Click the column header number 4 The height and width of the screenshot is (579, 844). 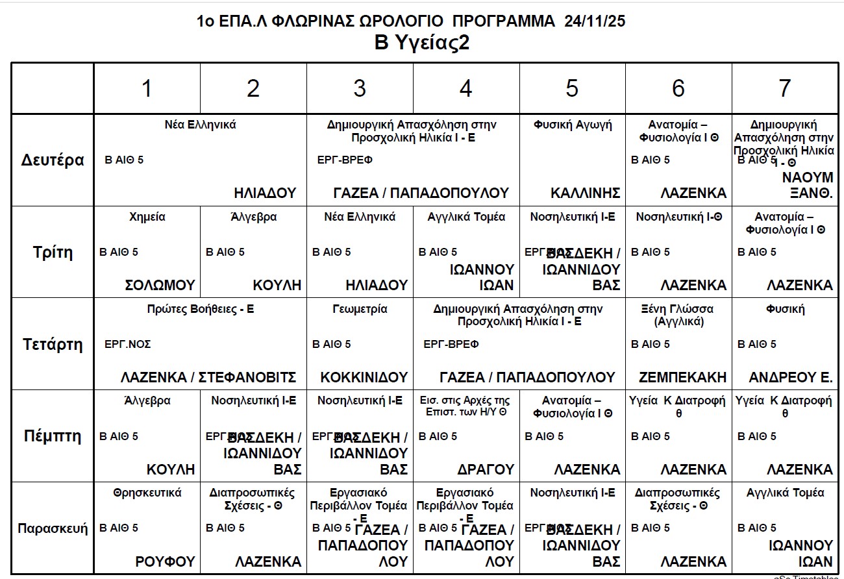pyautogui.click(x=465, y=89)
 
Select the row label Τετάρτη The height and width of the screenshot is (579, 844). pyautogui.click(x=53, y=344)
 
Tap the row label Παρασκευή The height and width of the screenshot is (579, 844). pyautogui.click(x=53, y=528)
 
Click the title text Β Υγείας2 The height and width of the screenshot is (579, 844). pyautogui.click(x=422, y=43)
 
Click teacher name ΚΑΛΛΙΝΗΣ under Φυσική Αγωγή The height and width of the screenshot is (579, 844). pyautogui.click(x=585, y=193)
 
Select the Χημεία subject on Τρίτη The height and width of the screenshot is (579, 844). pyautogui.click(x=147, y=217)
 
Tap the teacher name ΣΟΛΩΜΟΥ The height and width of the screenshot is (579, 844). pyautogui.click(x=160, y=285)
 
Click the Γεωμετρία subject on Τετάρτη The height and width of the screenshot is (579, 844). pyautogui.click(x=360, y=309)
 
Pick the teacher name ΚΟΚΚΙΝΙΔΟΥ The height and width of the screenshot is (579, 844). pyautogui.click(x=364, y=377)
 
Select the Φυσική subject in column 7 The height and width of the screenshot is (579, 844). pyautogui.click(x=785, y=309)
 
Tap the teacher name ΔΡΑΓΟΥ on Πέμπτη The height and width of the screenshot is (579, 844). pyautogui.click(x=486, y=469)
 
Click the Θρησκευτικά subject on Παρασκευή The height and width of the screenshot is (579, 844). pyautogui.click(x=147, y=493)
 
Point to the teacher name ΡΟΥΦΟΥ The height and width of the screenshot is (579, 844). pyautogui.click(x=165, y=561)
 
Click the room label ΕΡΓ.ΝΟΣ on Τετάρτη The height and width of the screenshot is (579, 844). pyautogui.click(x=128, y=344)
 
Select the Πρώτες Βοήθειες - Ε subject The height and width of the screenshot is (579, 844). pyautogui.click(x=201, y=309)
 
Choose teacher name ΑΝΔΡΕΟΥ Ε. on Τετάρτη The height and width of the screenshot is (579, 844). pyautogui.click(x=791, y=377)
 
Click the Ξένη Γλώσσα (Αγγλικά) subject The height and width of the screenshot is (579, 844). pyautogui.click(x=678, y=315)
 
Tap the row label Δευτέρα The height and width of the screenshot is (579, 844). pyautogui.click(x=53, y=160)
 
